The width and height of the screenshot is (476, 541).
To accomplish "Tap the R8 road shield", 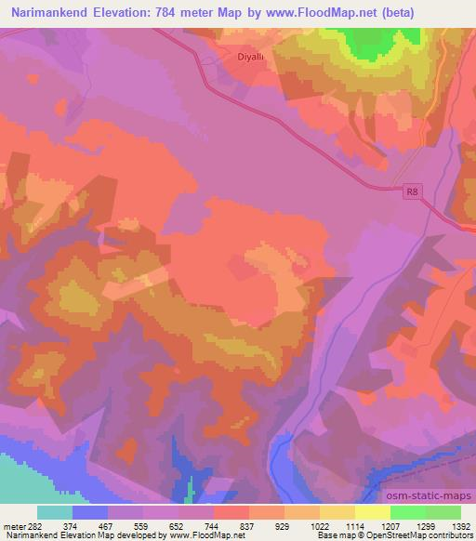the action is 414,192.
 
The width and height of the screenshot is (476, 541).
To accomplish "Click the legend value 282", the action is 28,525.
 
